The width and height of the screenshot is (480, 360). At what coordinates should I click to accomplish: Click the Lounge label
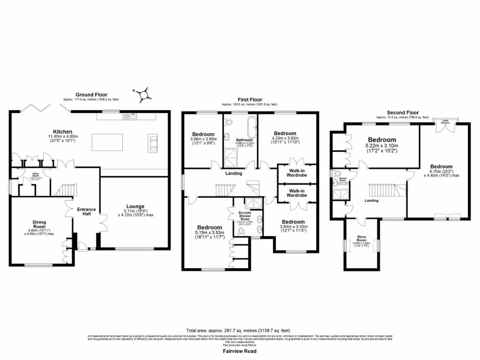click(135, 206)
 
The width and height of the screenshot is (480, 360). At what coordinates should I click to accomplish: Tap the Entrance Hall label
click(86, 212)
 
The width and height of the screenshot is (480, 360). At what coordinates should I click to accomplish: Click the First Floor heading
click(249, 99)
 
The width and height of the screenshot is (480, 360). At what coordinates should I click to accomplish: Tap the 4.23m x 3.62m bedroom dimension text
click(285, 140)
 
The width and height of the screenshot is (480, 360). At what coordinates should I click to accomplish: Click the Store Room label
click(361, 239)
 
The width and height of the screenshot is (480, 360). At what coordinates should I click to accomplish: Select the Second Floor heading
click(403, 113)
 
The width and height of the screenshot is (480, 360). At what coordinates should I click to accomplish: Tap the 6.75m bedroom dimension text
click(442, 174)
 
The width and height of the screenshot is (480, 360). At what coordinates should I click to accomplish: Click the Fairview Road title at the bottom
click(240, 351)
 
